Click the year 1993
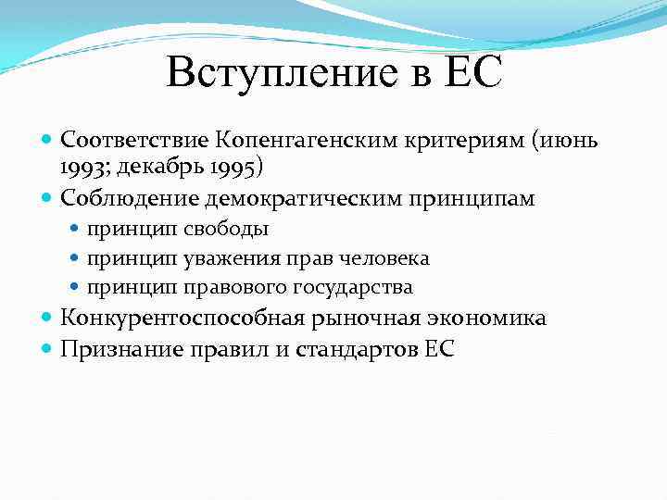pos(82,168)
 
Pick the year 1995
pos(233,168)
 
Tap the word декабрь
pos(161,168)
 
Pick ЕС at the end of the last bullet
pos(438,349)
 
